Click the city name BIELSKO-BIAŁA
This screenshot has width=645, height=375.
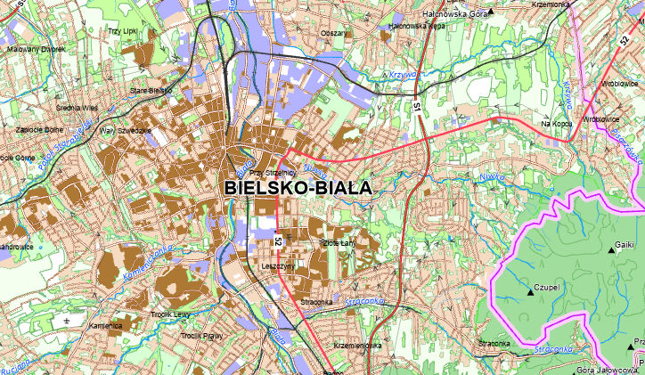coord(297,188)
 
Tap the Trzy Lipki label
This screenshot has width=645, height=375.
coord(120,32)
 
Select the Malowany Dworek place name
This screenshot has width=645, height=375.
coord(37,50)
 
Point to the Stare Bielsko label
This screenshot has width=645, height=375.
coord(150,90)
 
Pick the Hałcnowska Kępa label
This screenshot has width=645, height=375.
coord(416,27)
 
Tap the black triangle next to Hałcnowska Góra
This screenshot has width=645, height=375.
coord(490,12)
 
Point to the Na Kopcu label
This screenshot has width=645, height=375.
coord(555,123)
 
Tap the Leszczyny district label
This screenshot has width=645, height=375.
coord(278,265)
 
